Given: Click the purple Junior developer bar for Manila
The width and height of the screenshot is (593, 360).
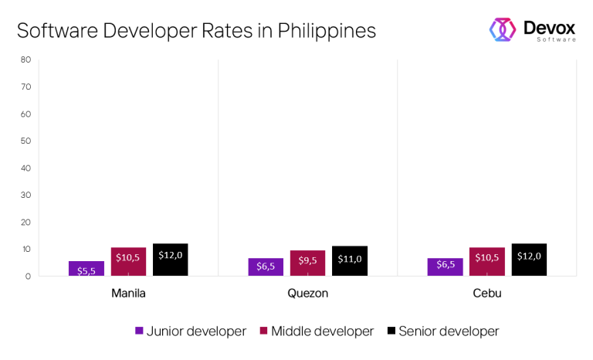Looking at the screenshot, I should point(86,268).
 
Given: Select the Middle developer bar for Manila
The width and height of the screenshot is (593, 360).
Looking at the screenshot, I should point(128,261).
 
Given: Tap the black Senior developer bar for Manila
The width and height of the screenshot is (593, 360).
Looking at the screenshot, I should point(171,260).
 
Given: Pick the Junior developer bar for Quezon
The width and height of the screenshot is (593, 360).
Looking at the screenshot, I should point(266,267).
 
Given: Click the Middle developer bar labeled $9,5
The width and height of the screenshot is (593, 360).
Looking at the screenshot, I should point(307,263).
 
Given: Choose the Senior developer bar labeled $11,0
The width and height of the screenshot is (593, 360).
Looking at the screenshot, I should point(350,261).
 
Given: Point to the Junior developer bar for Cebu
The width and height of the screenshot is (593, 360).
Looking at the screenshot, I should point(445,267).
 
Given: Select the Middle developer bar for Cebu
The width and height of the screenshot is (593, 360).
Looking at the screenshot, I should point(486,261).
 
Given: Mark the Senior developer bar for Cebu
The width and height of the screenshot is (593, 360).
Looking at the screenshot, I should point(529,260).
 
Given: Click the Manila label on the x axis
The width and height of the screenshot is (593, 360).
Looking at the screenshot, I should point(128,294).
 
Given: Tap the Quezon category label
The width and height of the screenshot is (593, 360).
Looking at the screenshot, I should point(307,294).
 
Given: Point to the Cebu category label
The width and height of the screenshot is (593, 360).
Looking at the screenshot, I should point(486,294).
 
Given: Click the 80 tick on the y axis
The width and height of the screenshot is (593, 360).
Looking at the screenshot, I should point(25,59).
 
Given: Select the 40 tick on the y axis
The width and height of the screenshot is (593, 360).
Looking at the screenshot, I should point(25,168).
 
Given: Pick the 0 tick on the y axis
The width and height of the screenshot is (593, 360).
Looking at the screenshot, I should point(28,276).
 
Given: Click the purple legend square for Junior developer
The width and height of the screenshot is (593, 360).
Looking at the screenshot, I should point(139,331).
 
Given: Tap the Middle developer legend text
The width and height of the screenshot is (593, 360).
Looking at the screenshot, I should point(322,331).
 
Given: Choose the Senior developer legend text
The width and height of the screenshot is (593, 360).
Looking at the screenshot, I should point(449,331).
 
